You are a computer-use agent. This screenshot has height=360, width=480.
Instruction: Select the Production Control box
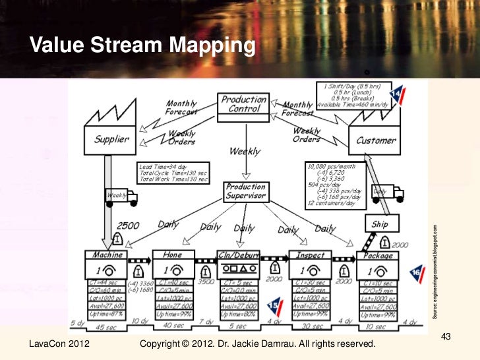coord(244,105)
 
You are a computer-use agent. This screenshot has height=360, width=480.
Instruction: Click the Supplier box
coord(111,140)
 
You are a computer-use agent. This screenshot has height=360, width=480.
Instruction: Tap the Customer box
coord(376,140)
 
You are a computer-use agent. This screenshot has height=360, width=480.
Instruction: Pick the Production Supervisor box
coord(245,191)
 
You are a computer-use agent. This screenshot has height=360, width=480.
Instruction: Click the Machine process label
coord(107,255)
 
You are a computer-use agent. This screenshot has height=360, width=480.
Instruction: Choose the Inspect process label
coord(309,255)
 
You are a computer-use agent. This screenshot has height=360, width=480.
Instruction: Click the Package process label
coord(378,255)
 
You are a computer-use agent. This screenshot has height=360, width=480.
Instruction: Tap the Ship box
coord(380,225)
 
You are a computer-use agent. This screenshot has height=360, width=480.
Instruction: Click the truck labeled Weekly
coord(121,196)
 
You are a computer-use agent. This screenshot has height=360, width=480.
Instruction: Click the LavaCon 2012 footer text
coord(60,345)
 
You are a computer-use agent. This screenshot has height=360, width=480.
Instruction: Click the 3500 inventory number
coord(206,281)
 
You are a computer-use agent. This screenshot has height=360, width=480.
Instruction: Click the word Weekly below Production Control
coord(244,152)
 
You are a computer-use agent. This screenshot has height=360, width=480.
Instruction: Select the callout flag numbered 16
coord(415,272)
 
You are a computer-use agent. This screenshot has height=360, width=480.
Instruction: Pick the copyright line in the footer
coord(258,345)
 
